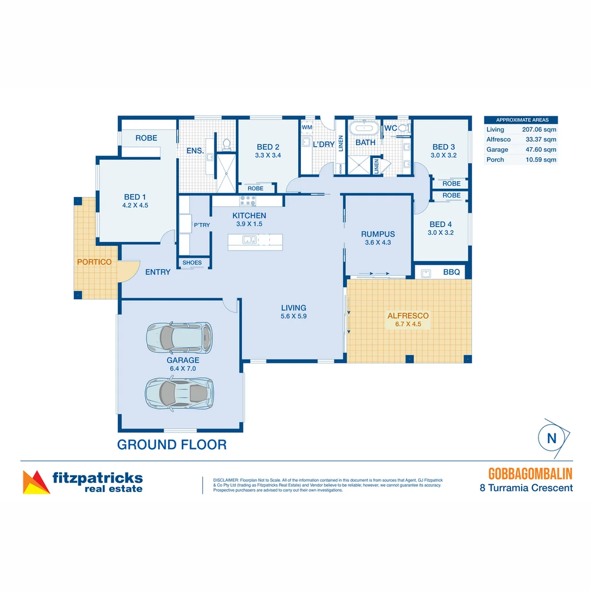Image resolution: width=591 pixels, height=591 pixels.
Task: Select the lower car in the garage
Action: [x=179, y=392]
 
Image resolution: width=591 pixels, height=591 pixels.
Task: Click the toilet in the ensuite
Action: [x=226, y=144]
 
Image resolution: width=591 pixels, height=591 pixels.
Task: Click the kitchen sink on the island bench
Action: [x=249, y=239]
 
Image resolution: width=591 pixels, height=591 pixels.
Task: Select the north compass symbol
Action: [x=551, y=438]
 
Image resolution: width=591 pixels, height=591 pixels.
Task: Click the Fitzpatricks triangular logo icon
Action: [x=36, y=482]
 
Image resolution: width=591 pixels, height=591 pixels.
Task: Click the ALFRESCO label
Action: [x=408, y=316]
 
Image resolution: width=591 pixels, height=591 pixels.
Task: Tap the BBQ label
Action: [x=451, y=272]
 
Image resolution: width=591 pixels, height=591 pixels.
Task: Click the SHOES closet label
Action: [x=192, y=263]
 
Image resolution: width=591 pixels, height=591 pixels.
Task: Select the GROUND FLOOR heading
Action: [x=172, y=444]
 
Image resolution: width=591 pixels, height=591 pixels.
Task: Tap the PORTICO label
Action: [x=94, y=262]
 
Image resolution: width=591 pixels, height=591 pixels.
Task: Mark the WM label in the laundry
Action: [x=307, y=127]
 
